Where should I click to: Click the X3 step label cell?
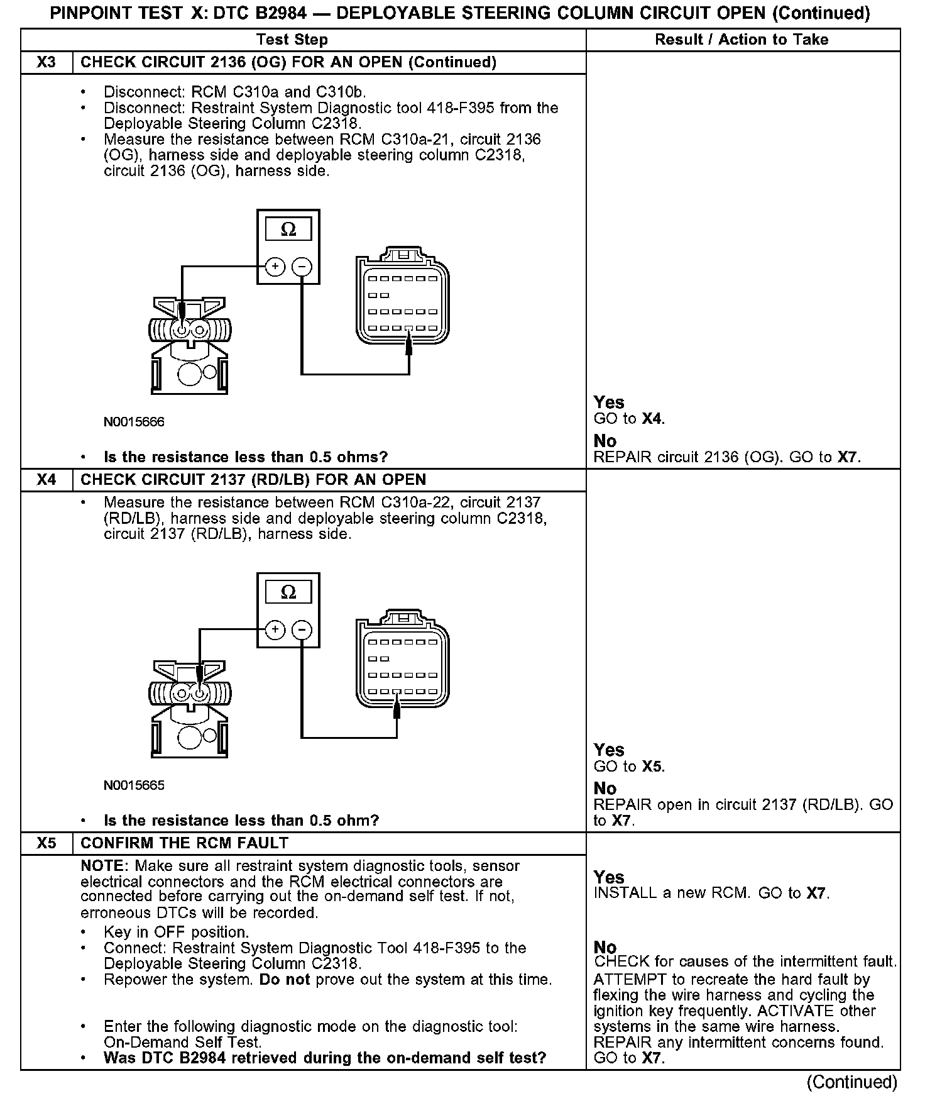[47, 62]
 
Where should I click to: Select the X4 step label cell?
[47, 480]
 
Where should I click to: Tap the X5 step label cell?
[47, 843]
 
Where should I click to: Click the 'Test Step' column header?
[292, 40]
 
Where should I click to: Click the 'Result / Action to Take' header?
[742, 40]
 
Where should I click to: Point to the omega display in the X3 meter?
[288, 230]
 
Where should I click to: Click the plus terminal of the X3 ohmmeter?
[275, 267]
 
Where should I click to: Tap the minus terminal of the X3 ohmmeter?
[302, 267]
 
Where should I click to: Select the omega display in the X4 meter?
[288, 592]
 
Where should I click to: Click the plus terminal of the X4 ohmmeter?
[275, 630]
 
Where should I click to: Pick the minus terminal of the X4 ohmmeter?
[302, 630]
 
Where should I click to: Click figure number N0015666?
[134, 422]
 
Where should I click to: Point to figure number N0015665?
[134, 785]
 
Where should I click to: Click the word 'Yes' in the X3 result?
[609, 402]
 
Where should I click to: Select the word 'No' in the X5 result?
[605, 947]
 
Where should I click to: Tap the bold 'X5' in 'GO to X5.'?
[652, 767]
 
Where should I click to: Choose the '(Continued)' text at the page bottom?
[852, 1082]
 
